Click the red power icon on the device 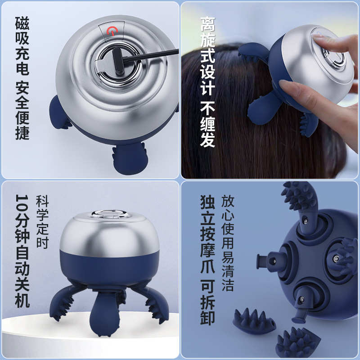point(111,31)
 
